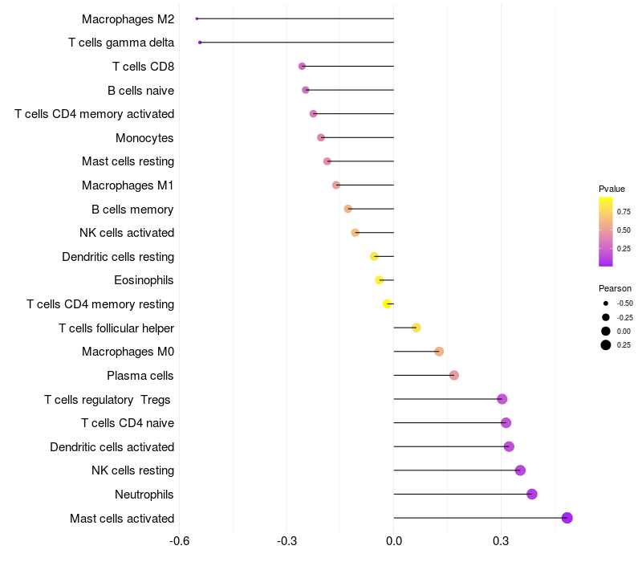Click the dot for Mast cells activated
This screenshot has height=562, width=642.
pyautogui.click(x=567, y=518)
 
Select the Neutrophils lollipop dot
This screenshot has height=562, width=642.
pyautogui.click(x=531, y=494)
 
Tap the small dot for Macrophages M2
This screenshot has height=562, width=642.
pyautogui.click(x=197, y=18)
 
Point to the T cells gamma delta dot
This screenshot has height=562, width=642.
pyautogui.click(x=200, y=42)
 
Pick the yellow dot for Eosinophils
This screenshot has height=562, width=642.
pyautogui.click(x=380, y=280)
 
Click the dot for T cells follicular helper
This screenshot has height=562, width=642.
pyautogui.click(x=416, y=328)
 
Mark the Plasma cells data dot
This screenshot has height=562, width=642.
pyautogui.click(x=453, y=375)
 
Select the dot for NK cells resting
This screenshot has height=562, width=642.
pyautogui.click(x=520, y=470)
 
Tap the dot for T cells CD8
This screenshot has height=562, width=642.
pyautogui.click(x=302, y=66)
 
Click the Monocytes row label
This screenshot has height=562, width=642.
pyautogui.click(x=144, y=138)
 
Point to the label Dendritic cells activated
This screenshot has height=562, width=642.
pyautogui.click(x=112, y=447)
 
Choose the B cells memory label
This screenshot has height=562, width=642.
pyautogui.click(x=132, y=210)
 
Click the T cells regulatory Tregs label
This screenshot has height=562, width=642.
pyautogui.click(x=108, y=399)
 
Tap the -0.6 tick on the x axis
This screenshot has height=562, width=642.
pyautogui.click(x=180, y=542)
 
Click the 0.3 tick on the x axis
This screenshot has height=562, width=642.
pyautogui.click(x=501, y=542)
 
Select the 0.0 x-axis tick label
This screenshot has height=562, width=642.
pyautogui.click(x=394, y=542)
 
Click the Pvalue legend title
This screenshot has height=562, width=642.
pyautogui.click(x=612, y=189)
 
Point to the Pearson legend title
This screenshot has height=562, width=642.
pyautogui.click(x=615, y=288)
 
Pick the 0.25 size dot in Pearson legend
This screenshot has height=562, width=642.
pyautogui.click(x=606, y=345)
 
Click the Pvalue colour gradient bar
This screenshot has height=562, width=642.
pyautogui.click(x=606, y=231)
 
